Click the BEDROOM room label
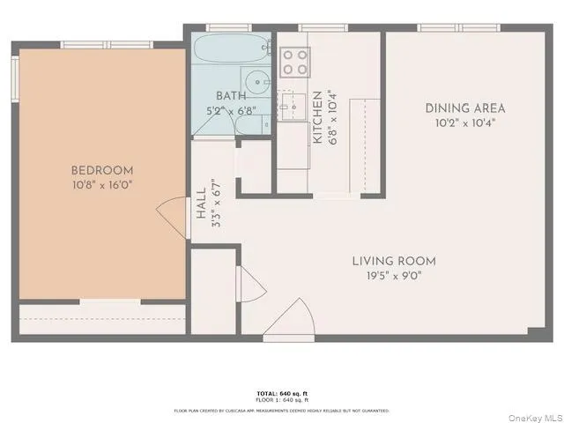pyautogui.click(x=102, y=170)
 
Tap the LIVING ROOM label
pyautogui.click(x=394, y=261)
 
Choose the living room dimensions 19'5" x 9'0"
pyautogui.click(x=394, y=275)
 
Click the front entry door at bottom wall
pyautogui.click(x=291, y=319)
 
